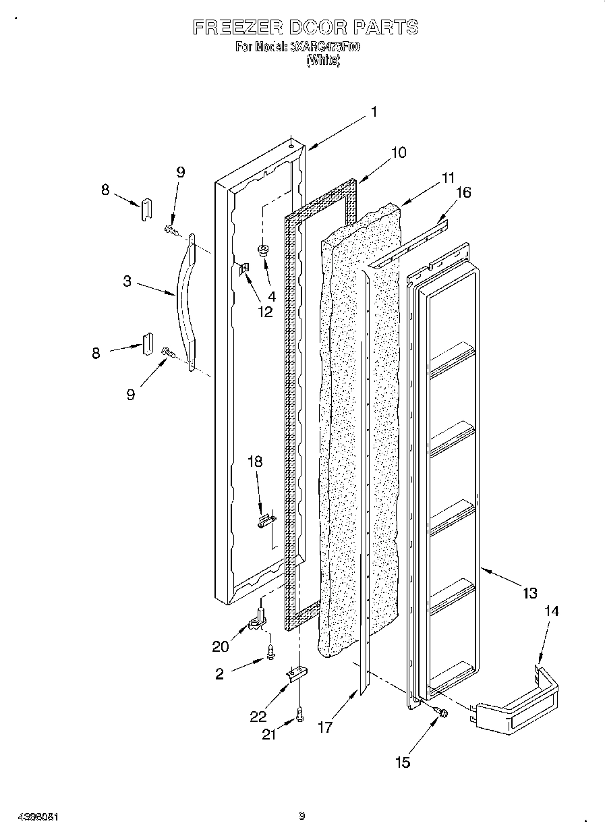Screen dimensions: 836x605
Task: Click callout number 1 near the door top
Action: pyautogui.click(x=373, y=113)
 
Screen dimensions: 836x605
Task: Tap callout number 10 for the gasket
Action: pyautogui.click(x=399, y=152)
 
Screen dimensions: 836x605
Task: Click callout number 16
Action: pyautogui.click(x=463, y=193)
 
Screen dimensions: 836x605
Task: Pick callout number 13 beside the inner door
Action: pyautogui.click(x=529, y=593)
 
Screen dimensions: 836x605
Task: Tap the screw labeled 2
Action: pyautogui.click(x=271, y=652)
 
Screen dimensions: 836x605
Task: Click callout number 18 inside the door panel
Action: pyautogui.click(x=255, y=462)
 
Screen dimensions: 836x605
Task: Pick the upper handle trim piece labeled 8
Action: pyautogui.click(x=145, y=210)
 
